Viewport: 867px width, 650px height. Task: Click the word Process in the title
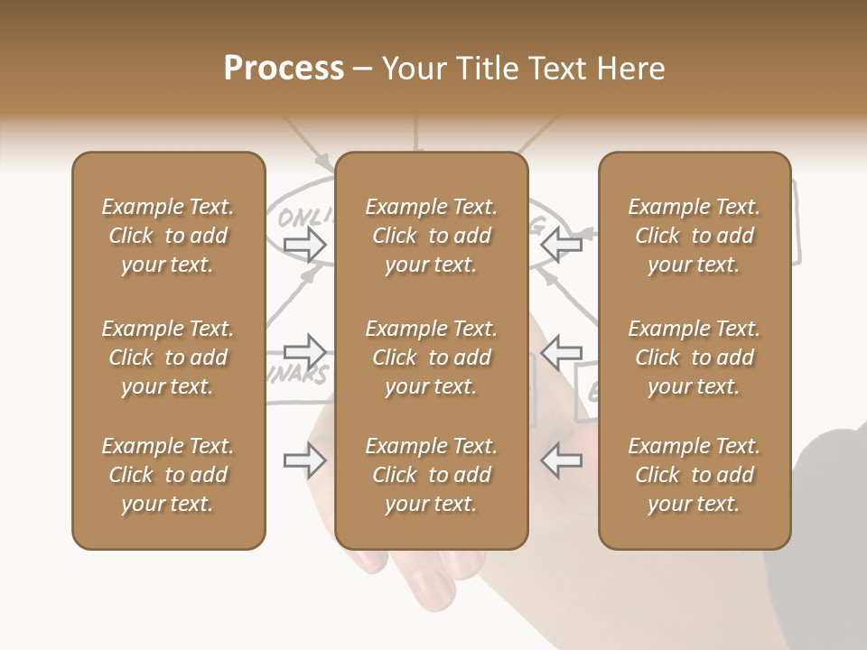(284, 69)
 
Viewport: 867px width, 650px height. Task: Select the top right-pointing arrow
(305, 244)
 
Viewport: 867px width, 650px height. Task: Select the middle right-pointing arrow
(305, 352)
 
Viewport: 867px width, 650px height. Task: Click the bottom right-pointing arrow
(305, 460)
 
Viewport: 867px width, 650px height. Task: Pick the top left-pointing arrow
(561, 244)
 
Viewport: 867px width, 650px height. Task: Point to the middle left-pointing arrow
(561, 352)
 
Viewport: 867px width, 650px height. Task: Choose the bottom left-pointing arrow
(561, 460)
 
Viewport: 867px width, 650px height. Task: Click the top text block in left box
(168, 236)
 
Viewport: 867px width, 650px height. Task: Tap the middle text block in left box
(168, 357)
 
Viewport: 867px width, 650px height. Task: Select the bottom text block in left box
(168, 475)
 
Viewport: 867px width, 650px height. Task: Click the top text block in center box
(431, 236)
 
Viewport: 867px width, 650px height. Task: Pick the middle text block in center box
(431, 357)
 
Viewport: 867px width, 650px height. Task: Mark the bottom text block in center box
(431, 475)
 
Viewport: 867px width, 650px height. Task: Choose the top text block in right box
(695, 236)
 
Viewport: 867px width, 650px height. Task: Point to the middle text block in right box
(695, 357)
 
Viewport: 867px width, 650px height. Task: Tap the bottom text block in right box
(695, 475)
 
